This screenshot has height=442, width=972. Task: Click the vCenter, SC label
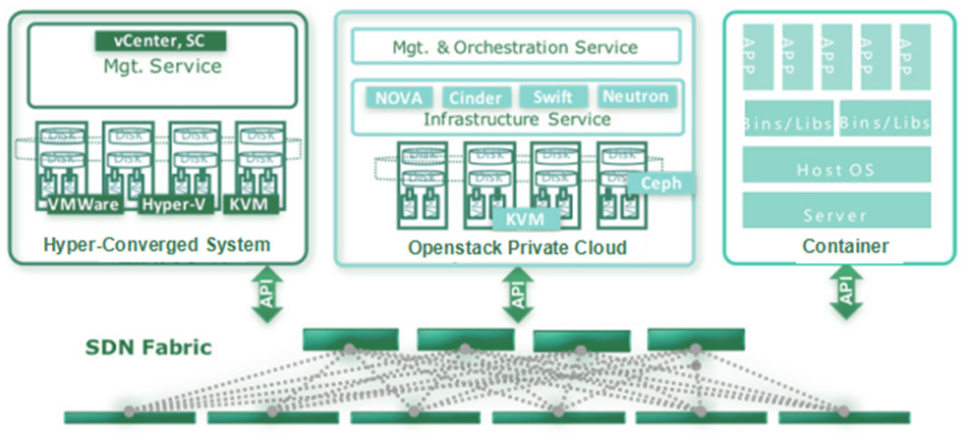click(x=160, y=40)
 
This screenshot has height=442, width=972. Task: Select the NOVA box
click(x=398, y=97)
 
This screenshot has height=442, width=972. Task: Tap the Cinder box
click(x=477, y=97)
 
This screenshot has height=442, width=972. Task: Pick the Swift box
click(x=552, y=96)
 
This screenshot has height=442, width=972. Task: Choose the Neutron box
click(x=635, y=96)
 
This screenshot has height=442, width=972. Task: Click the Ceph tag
click(x=660, y=184)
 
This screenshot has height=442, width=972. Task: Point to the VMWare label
click(x=84, y=204)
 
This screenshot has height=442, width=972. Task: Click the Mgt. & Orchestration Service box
click(x=515, y=47)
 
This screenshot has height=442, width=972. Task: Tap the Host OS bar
click(x=835, y=169)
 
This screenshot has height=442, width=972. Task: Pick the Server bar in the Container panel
click(x=835, y=214)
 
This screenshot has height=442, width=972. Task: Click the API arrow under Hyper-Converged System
click(x=266, y=293)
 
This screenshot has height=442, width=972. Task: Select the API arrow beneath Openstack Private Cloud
click(x=518, y=293)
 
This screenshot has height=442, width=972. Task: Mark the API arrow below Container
click(x=844, y=293)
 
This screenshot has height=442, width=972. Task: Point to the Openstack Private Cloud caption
click(x=517, y=248)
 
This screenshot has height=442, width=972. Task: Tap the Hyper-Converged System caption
click(x=157, y=245)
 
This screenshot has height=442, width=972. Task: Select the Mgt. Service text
click(x=162, y=67)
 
